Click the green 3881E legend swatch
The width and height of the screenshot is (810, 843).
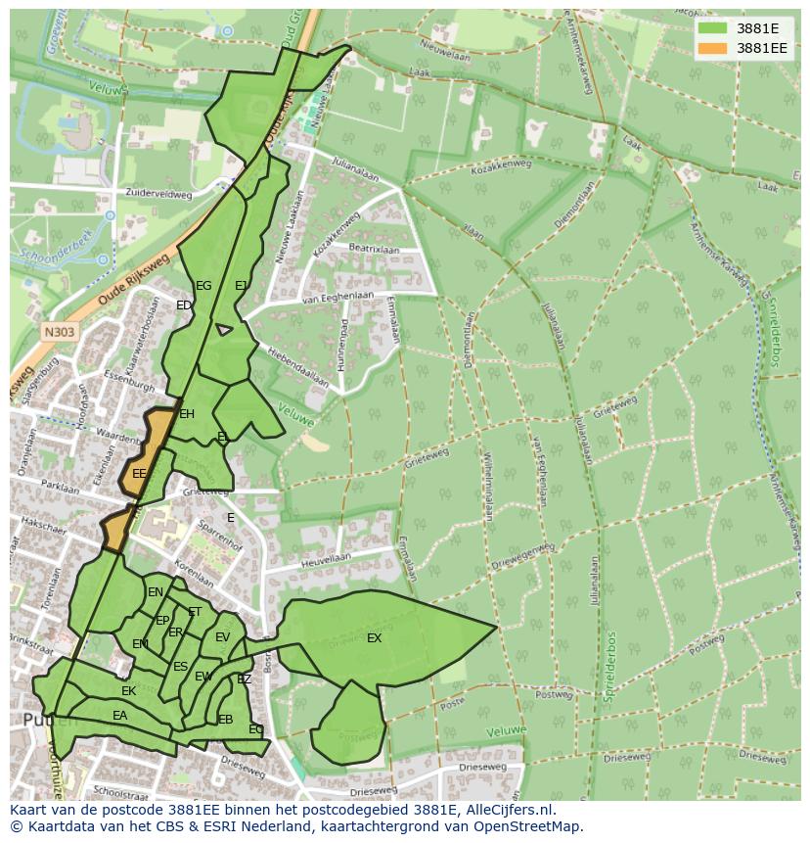(712, 28)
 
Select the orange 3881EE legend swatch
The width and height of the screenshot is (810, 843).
(712, 48)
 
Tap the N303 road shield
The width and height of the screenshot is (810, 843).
(59, 332)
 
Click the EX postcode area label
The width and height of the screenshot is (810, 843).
(374, 638)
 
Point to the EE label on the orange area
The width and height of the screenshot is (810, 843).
(139, 474)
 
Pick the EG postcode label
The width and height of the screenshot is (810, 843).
(203, 286)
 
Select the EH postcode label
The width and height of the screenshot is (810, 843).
(187, 414)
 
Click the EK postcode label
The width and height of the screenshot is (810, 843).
(128, 691)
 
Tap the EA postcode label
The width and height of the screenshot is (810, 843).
(119, 716)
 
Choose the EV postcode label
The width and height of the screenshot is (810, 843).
(222, 637)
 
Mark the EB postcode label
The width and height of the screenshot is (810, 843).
(226, 720)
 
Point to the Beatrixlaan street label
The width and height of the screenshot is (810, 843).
(374, 251)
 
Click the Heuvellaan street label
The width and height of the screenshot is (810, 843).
(325, 557)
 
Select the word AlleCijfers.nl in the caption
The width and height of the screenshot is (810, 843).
(509, 810)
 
